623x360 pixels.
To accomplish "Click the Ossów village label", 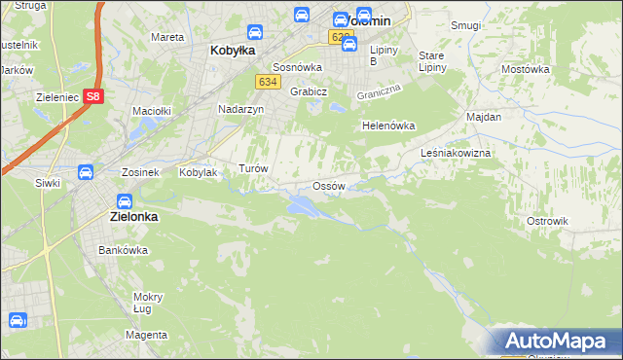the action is pos(328,186).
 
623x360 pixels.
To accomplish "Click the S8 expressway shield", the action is pos(92,96).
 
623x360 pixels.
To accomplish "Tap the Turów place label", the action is pos(253,168).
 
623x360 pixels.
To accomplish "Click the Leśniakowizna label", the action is pos(456,154).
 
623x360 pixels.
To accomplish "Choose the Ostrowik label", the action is pos(547,221).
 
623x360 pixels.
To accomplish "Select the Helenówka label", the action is pos(388,126).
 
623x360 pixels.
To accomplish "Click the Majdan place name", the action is pos(484,117).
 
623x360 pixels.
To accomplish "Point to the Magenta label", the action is pos(146,335).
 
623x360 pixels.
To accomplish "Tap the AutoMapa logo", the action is pos(555,342).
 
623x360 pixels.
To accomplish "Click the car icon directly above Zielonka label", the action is pos(125,201).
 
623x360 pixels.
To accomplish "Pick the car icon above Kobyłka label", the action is pos(254,32).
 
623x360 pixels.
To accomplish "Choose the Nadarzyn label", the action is pos(240,110).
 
